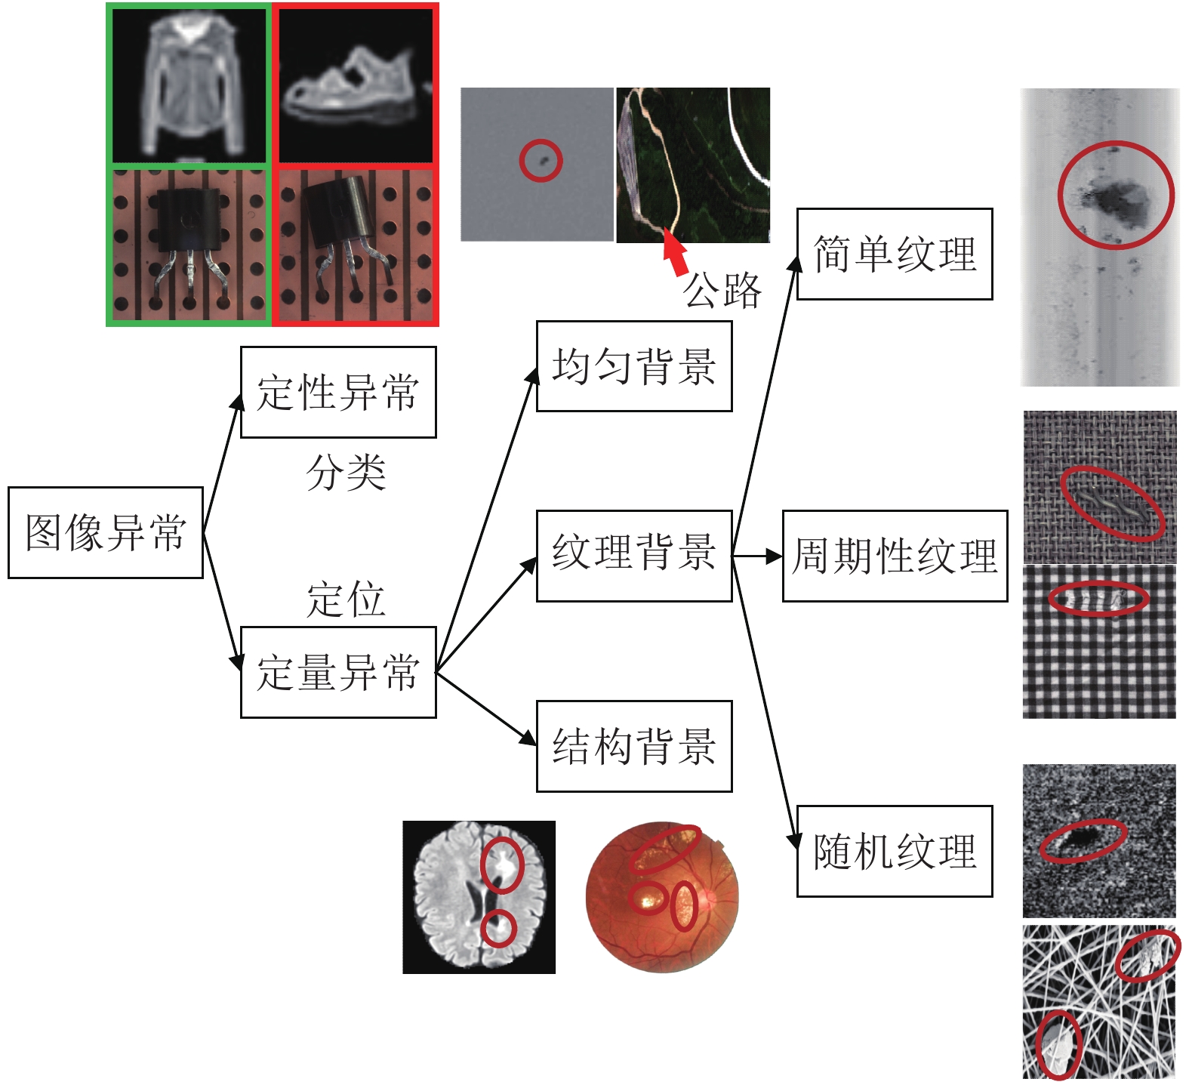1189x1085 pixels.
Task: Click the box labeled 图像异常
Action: pyautogui.click(x=106, y=532)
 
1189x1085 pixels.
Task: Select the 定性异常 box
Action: pyautogui.click(x=338, y=392)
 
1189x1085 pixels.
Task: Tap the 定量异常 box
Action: pyautogui.click(x=338, y=672)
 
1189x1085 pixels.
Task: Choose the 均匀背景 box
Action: pyautogui.click(x=634, y=366)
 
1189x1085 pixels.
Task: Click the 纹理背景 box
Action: pyautogui.click(x=634, y=556)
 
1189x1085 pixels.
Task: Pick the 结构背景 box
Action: pyautogui.click(x=634, y=746)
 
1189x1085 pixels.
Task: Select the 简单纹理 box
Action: pyautogui.click(x=895, y=254)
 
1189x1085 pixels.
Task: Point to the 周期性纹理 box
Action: pyautogui.click(x=895, y=556)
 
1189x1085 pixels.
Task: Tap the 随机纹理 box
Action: pyautogui.click(x=895, y=851)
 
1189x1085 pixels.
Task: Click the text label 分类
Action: pyautogui.click(x=347, y=473)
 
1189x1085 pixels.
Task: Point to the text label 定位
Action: pyautogui.click(x=347, y=600)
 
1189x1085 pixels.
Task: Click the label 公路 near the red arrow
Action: pyautogui.click(x=722, y=290)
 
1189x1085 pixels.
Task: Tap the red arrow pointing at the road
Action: pyautogui.click(x=676, y=252)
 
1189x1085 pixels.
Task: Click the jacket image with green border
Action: pyautogui.click(x=189, y=86)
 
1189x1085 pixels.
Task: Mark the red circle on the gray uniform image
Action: pyautogui.click(x=541, y=160)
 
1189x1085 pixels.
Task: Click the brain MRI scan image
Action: pyautogui.click(x=479, y=897)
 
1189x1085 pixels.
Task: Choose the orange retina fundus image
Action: pyautogui.click(x=662, y=897)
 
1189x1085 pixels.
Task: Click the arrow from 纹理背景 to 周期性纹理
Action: pyautogui.click(x=757, y=556)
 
